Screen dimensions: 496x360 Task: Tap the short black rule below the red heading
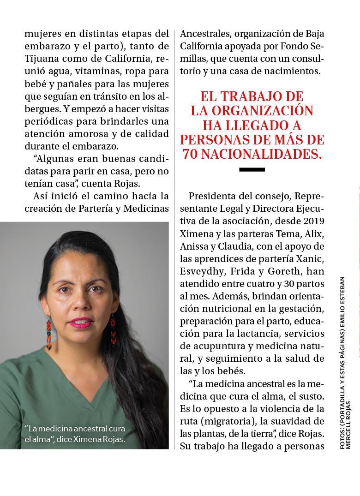[252, 170]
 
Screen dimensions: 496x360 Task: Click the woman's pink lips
[82, 322]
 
